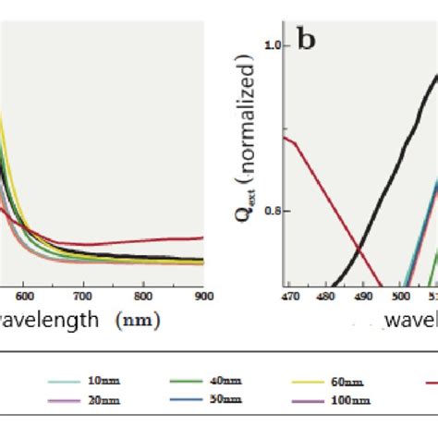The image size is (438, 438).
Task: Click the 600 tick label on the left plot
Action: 25,296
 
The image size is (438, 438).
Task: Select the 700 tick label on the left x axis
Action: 83,296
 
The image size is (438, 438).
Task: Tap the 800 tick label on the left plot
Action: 143,296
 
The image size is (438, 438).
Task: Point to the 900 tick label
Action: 203,296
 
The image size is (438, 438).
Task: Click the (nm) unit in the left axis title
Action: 138,321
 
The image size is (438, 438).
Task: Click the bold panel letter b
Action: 307,41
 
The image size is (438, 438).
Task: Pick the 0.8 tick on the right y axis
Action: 274,211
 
